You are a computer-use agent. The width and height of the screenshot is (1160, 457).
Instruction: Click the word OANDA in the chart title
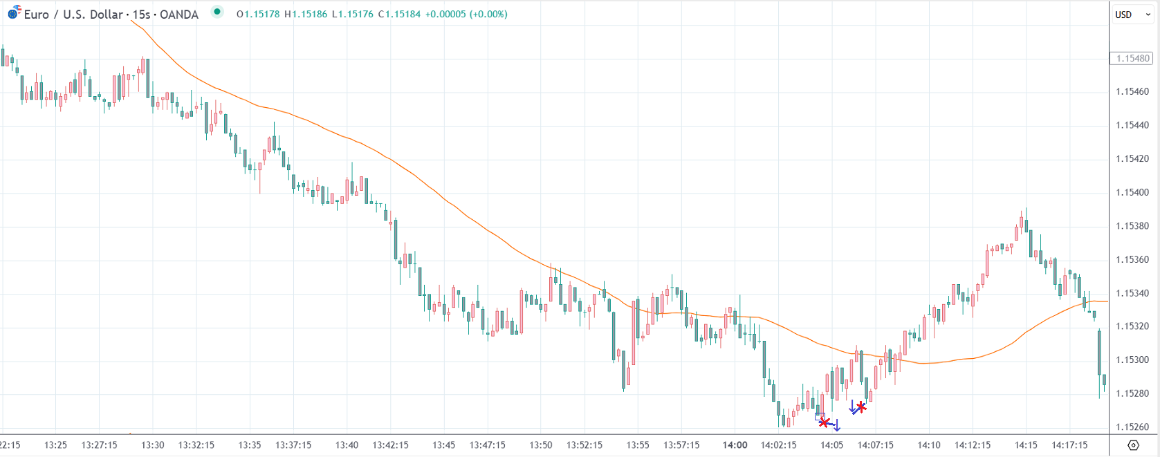coord(178,15)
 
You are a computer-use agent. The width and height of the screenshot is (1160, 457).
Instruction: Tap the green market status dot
coord(217,12)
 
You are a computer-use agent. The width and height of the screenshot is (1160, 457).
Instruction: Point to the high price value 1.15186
coord(309,14)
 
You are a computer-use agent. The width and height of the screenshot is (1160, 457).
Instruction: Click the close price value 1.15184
coord(403,14)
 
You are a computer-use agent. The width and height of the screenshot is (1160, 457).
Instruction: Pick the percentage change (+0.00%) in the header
coord(488,14)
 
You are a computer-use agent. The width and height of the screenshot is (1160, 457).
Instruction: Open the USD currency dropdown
coord(1132,15)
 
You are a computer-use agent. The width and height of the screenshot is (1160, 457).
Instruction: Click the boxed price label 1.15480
coord(1133,58)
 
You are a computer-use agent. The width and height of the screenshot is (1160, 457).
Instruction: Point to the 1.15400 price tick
coord(1132,192)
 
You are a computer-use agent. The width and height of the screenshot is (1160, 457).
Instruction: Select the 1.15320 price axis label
coord(1132,326)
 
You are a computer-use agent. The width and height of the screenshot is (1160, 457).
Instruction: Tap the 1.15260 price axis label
coord(1132,427)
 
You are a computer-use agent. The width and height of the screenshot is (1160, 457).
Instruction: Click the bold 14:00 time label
coord(735,445)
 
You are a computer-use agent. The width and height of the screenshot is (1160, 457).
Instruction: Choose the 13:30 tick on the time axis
coord(152,445)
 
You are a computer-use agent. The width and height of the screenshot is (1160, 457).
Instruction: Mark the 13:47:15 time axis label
coord(488,445)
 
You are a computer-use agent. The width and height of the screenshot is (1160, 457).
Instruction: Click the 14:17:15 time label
coord(1069,445)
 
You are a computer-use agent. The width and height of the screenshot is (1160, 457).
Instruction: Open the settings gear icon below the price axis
coord(1133,445)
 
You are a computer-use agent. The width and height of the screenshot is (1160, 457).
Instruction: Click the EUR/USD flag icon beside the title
coord(14,12)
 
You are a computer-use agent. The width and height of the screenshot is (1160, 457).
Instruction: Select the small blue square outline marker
coord(819,416)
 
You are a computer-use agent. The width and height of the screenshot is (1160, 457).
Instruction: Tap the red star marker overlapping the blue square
coord(824,422)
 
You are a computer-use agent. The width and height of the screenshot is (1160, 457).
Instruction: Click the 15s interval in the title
coord(142,15)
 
